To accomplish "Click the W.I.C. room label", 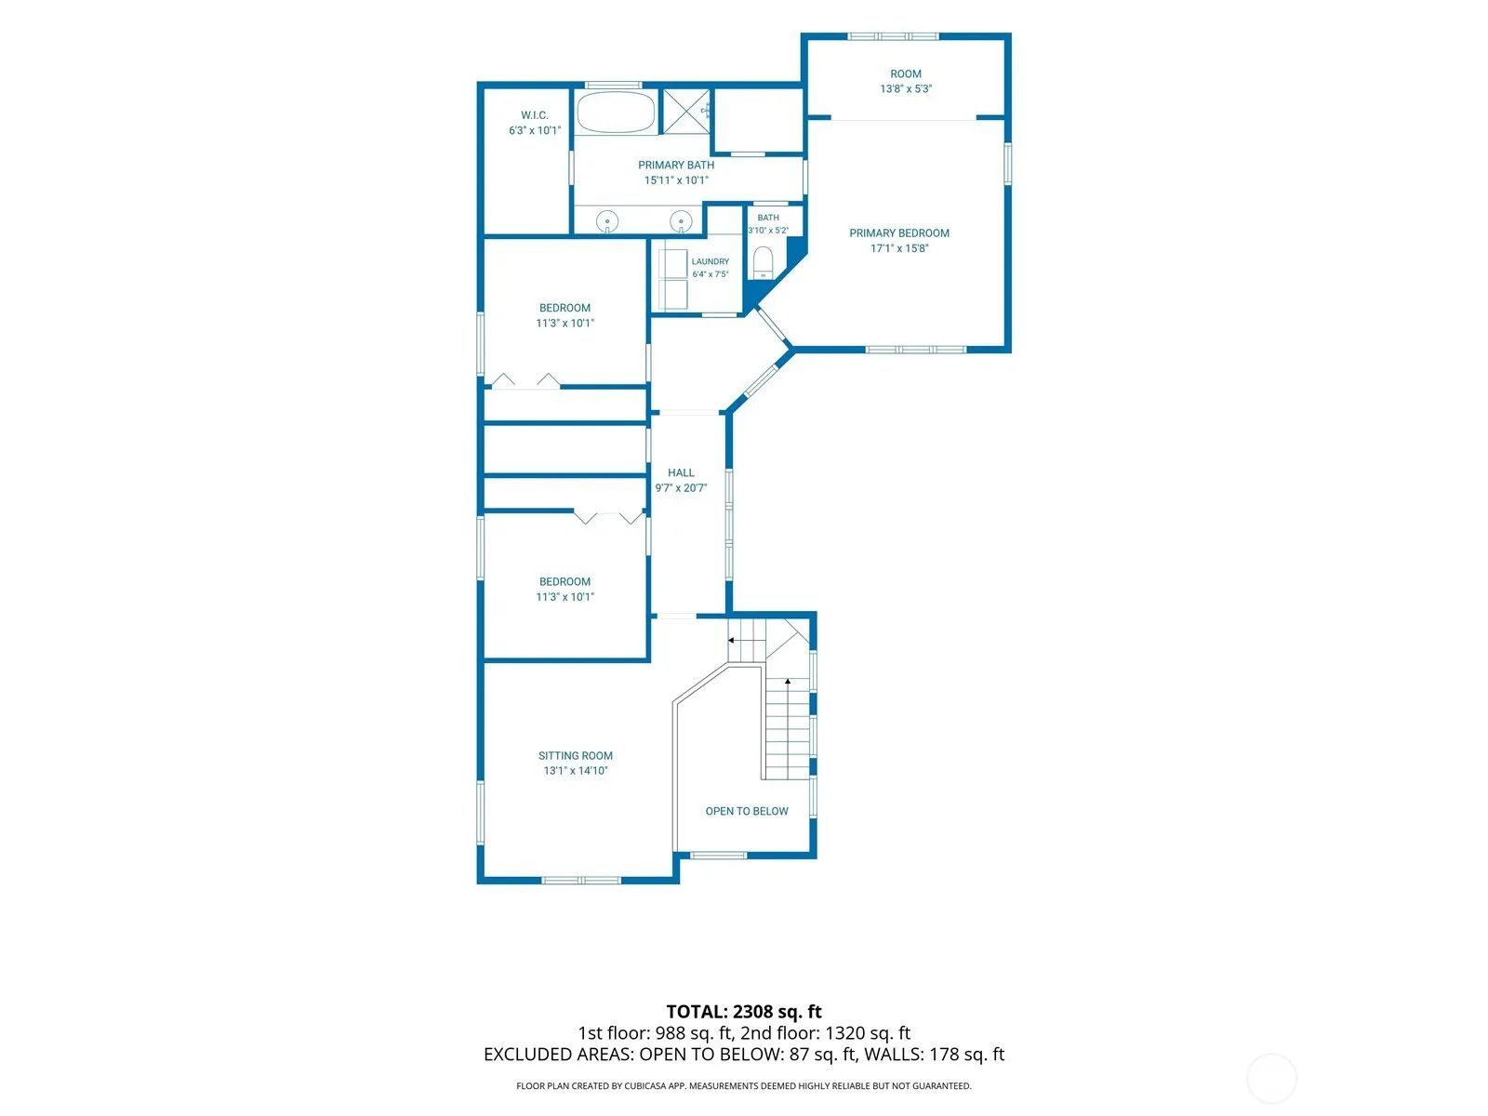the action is tap(534, 115).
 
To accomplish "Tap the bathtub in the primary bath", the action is tap(616, 112).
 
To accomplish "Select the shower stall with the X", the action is tap(685, 111).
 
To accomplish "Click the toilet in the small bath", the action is tap(764, 262).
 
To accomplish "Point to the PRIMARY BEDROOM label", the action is tap(899, 233).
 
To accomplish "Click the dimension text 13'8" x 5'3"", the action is tap(906, 88).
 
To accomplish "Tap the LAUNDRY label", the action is tap(710, 261).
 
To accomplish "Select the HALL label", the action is tap(681, 473).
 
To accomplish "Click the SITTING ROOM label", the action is tap(575, 755).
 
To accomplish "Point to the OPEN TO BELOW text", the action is tap(747, 811).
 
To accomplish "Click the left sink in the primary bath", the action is tap(606, 221).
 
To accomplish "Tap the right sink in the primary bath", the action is tap(681, 221).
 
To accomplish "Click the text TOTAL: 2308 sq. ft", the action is tap(744, 1012).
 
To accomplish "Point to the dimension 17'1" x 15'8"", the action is tap(899, 248).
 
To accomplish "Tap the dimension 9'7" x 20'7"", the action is tap(681, 488).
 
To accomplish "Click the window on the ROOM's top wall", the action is tap(893, 36).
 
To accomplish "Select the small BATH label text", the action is tap(768, 218).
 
